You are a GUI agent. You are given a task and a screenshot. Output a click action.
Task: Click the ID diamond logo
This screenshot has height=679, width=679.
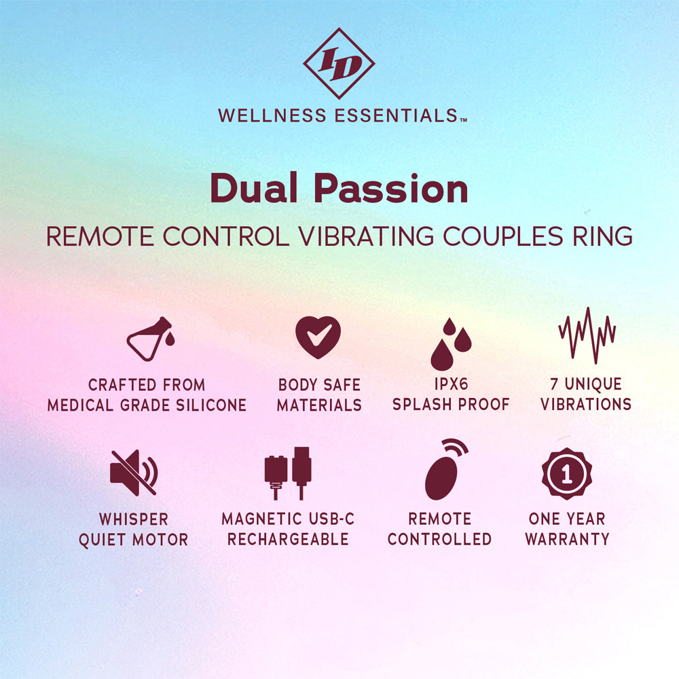pos(339,64)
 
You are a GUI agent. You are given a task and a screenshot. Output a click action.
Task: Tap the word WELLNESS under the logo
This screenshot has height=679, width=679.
pos(273,115)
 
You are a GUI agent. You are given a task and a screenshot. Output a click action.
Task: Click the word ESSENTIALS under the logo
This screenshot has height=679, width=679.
pos(397,115)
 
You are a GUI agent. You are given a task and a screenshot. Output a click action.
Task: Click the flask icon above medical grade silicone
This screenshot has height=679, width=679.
pos(151,339)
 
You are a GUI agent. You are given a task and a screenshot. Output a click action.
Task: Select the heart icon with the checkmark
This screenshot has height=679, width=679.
pos(318,337)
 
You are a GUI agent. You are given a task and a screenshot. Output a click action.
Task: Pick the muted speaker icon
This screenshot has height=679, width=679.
pos(133,472)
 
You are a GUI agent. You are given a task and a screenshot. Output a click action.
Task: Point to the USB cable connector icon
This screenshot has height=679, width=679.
pos(287,473)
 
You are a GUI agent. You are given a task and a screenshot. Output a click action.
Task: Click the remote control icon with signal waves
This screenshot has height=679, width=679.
pos(445,469)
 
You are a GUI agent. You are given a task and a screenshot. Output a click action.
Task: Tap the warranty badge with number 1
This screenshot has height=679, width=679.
pos(567,473)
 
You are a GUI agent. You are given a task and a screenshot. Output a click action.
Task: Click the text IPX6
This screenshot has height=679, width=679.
pos(450,384)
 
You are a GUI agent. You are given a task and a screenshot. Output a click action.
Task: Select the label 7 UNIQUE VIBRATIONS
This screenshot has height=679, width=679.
pos(586,394)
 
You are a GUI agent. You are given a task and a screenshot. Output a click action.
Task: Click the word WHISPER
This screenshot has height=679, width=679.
pos(133,519)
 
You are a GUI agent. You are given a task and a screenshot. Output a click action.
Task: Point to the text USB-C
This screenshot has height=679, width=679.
pos(330,519)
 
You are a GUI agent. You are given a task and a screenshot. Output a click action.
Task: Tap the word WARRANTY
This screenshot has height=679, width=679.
pos(567,539)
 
